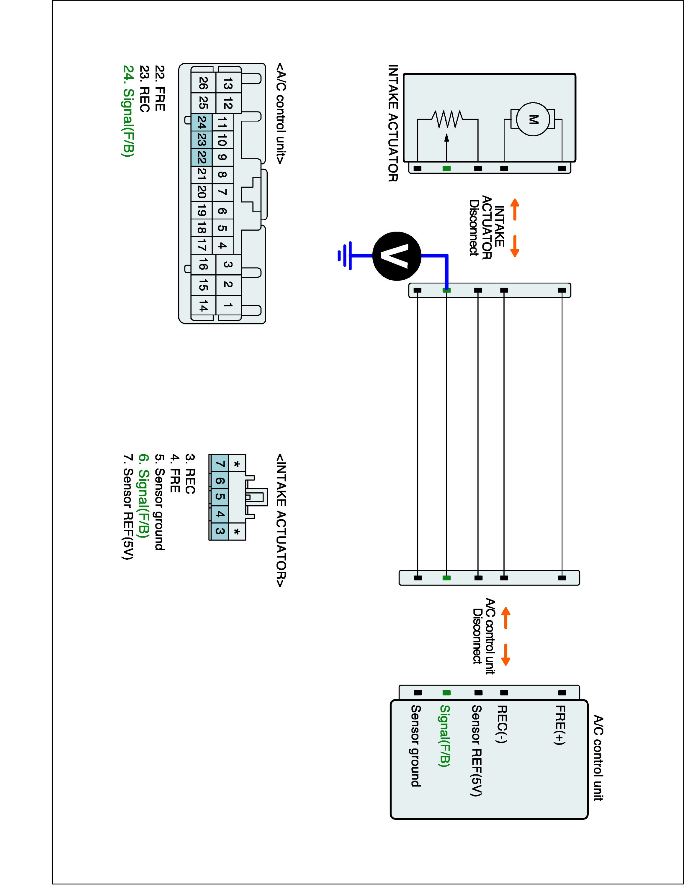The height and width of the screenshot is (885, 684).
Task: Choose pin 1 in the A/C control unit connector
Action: point(228,305)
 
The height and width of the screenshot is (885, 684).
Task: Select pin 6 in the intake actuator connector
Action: point(219,481)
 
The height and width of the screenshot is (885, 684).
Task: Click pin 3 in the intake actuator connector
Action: point(219,531)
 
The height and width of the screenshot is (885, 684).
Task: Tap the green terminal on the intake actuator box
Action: point(446,168)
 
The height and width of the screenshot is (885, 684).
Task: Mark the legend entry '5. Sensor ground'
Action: point(160,502)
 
